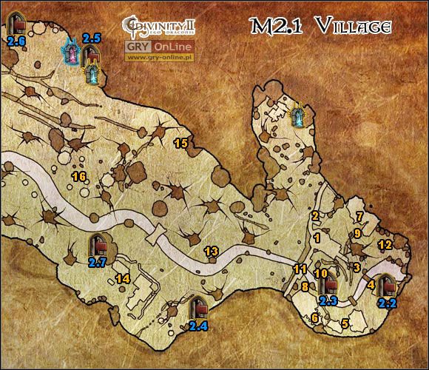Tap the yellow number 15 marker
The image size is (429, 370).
179,141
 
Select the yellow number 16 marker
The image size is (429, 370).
78,176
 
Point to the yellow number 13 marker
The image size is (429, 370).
211,252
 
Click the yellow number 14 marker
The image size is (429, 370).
122,278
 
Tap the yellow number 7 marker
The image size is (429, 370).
359,216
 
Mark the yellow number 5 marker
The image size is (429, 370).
345,323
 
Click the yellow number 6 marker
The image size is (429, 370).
314,318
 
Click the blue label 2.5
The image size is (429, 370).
92,38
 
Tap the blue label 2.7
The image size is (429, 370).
98,261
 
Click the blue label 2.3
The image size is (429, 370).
328,300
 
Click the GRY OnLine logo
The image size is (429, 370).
160,46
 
